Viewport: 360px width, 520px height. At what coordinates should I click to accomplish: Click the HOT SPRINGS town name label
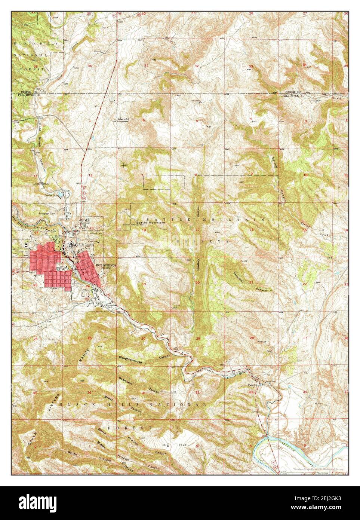pyautogui.click(x=107, y=264)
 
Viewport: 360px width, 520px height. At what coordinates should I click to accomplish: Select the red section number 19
pyautogui.click(x=144, y=284)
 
